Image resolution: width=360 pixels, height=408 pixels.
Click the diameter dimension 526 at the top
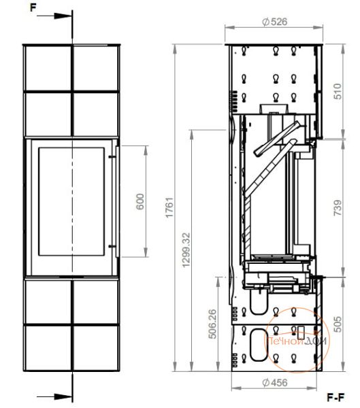pos(275,22)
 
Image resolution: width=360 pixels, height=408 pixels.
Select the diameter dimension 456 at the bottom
pos(275,382)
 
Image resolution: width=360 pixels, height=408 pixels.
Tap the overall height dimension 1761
pos(169,207)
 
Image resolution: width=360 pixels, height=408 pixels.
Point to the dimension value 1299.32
pos(186,250)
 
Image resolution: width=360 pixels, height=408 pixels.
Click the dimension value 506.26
pos(212,324)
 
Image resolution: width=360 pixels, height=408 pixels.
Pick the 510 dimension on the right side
pos(338,91)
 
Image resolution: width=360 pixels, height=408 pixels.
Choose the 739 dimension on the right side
pos(338,207)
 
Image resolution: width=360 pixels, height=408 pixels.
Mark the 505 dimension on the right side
pos(338,324)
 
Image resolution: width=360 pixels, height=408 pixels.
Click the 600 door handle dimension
pos(140,202)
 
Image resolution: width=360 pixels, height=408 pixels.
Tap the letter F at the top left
pos(33,7)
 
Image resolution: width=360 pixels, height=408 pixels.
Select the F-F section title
pos(336,398)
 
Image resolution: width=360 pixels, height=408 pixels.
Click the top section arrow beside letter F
pos(54,16)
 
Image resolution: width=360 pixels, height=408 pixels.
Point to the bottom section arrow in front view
pos(54,397)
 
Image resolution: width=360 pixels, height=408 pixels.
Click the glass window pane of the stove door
pos(71,201)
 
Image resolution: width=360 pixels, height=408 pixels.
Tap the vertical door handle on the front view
pos(118,201)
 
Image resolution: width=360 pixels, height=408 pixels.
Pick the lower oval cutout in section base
pos(259,345)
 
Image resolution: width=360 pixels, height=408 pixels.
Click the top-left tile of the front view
pos(48,68)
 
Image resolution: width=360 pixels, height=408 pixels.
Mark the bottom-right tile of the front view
pos(96,347)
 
